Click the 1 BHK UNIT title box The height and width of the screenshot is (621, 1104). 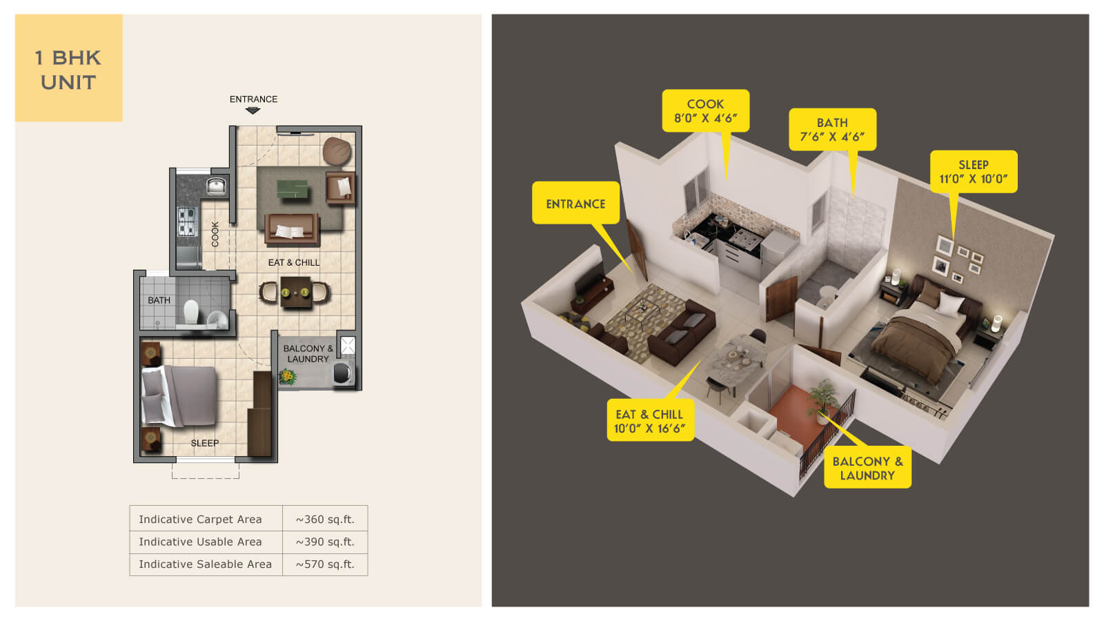pyautogui.click(x=68, y=68)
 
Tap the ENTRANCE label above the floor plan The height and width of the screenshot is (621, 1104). pyautogui.click(x=253, y=99)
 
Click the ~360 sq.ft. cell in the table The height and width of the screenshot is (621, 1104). pyautogui.click(x=325, y=520)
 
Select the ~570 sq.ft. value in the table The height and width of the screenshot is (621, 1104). pyautogui.click(x=325, y=564)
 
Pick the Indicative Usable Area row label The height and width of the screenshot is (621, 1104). pyautogui.click(x=200, y=542)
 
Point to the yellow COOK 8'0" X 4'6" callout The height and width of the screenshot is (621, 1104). pyautogui.click(x=705, y=111)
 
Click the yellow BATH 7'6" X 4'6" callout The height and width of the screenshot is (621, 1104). pyautogui.click(x=832, y=130)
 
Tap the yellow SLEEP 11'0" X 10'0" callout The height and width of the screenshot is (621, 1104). pyautogui.click(x=973, y=172)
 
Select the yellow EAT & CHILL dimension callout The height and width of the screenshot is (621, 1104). pyautogui.click(x=649, y=421)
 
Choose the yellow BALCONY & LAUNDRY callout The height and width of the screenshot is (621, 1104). pyautogui.click(x=867, y=469)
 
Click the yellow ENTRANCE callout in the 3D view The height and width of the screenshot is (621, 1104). pyautogui.click(x=575, y=204)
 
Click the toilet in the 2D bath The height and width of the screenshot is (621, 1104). pyautogui.click(x=191, y=311)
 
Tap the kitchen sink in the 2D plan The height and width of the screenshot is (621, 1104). pyautogui.click(x=216, y=186)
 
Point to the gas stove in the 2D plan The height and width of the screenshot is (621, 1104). pyautogui.click(x=186, y=221)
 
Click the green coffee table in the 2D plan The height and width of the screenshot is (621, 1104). pyautogui.click(x=292, y=188)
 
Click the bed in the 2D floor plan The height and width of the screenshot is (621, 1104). pyautogui.click(x=179, y=396)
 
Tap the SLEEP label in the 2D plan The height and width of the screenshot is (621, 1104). pyautogui.click(x=204, y=443)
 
